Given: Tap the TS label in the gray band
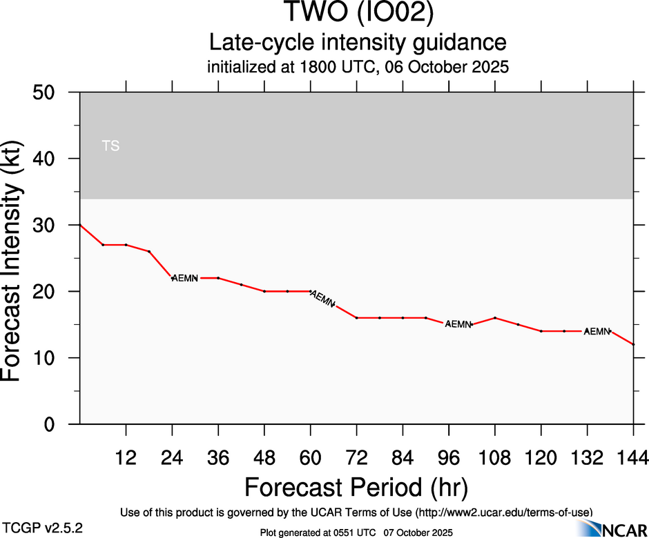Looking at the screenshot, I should (110, 146).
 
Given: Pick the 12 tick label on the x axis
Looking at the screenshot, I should (126, 457).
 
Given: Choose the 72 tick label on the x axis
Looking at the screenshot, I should (356, 457).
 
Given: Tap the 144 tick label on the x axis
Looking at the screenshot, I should (633, 457).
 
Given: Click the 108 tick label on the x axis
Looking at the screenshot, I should (494, 457).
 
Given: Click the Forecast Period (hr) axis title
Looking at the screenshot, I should (356, 487).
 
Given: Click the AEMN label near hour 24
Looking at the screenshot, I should (184, 278).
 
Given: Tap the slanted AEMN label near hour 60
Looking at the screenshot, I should (323, 299).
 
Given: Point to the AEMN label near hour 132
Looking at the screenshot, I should (597, 331).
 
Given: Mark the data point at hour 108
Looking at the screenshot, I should (495, 318).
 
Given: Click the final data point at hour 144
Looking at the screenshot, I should (633, 344).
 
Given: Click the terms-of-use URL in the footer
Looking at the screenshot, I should (504, 512).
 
